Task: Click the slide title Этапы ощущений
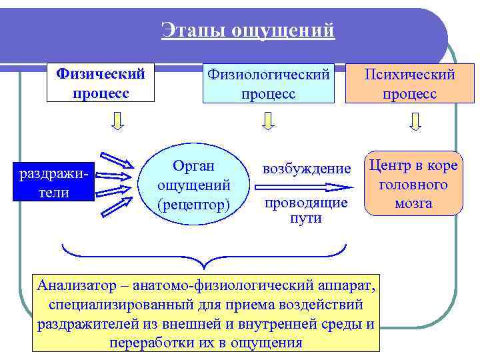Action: (x=247, y=31)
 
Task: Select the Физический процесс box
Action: (x=100, y=82)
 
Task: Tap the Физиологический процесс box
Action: (x=268, y=84)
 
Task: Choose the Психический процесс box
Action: (x=409, y=84)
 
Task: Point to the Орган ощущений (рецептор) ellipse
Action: (x=193, y=185)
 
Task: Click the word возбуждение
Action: (x=306, y=169)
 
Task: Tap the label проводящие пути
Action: (x=306, y=210)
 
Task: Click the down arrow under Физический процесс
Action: (x=117, y=121)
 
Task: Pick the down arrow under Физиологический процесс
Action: (x=268, y=121)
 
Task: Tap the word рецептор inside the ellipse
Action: (x=193, y=203)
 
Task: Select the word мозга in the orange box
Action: (x=413, y=203)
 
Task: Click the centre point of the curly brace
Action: (x=204, y=261)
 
